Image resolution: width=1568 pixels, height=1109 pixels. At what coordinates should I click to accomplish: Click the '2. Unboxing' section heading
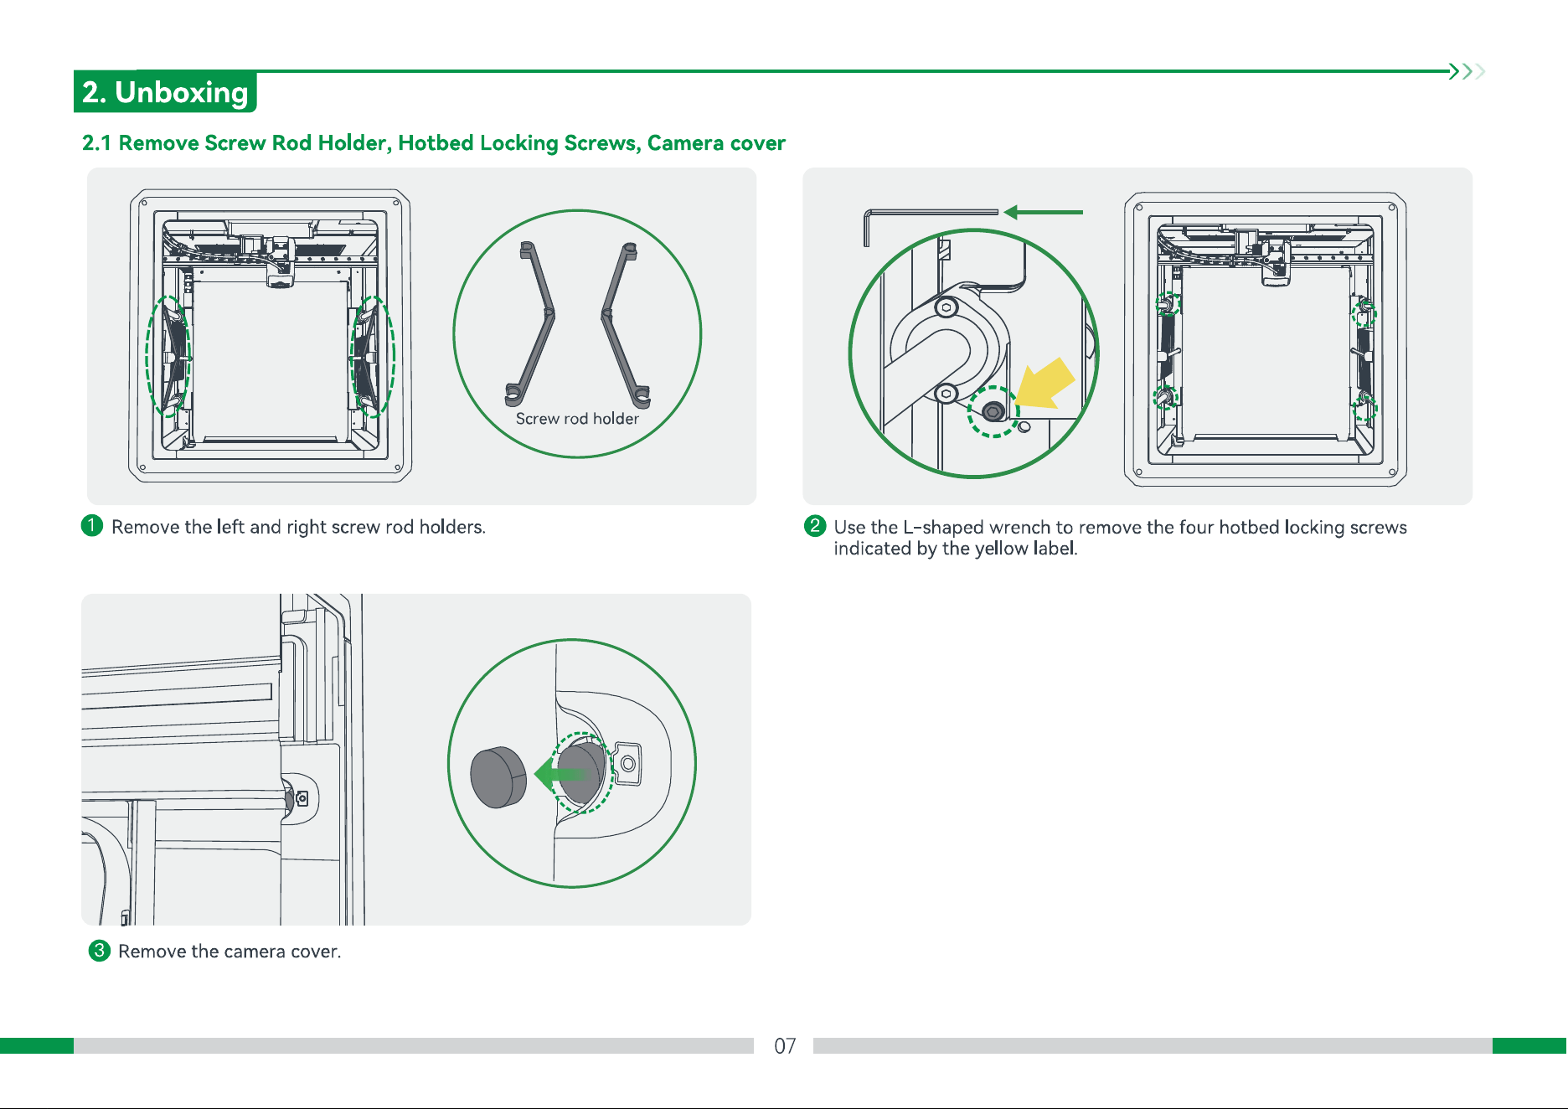point(165,92)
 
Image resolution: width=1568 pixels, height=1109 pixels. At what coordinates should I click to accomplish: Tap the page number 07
point(785,1046)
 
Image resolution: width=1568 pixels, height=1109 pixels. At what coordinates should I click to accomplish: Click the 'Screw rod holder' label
point(577,419)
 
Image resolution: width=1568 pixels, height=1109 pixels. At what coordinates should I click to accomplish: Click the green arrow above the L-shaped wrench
point(1043,212)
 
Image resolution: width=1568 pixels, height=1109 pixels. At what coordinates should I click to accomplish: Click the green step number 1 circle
point(92,526)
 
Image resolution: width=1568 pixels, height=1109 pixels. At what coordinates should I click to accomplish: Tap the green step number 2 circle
point(815,526)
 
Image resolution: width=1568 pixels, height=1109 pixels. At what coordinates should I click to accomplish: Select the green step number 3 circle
point(100,951)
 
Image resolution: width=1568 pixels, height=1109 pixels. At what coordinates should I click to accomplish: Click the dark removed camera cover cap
point(498,777)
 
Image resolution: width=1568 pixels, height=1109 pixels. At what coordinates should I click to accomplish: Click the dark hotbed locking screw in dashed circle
point(993,411)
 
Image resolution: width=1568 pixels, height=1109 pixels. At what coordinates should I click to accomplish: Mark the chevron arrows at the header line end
point(1467,71)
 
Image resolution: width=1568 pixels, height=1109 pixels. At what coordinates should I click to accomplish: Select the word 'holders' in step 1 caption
point(451,527)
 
